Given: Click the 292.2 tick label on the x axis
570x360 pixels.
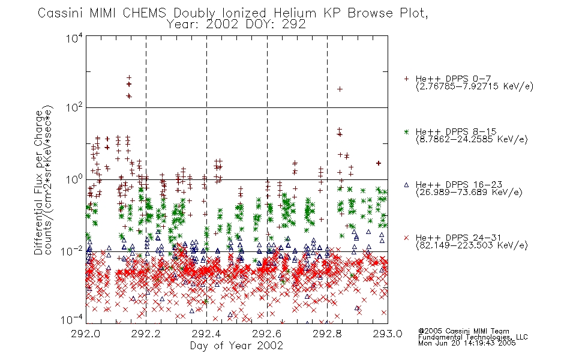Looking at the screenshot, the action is point(146,334).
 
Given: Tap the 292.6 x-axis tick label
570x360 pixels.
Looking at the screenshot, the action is point(267,334).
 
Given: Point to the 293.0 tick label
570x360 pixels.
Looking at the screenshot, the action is point(388,334).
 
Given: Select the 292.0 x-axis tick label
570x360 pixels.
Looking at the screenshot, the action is point(85,334).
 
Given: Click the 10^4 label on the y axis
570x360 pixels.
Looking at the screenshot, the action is point(74,38).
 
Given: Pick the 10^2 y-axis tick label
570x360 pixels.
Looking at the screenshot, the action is point(74,107).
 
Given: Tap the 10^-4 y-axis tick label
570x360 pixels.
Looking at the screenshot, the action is point(72,320).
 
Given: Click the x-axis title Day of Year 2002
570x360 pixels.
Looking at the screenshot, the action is point(236,346).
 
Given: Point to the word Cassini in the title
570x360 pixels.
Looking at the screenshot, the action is point(61,13).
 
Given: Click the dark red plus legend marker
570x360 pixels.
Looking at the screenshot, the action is point(406,79).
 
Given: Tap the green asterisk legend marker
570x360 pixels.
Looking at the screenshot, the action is point(406,132).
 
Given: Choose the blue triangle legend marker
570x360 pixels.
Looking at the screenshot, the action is point(406,185).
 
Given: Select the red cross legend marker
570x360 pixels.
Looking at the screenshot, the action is point(406,238).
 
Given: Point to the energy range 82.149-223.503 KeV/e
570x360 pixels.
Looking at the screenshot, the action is point(472,245).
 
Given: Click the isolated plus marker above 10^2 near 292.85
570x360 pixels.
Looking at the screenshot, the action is point(340,89).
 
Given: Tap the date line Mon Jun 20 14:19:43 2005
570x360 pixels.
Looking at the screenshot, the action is point(467,343).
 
